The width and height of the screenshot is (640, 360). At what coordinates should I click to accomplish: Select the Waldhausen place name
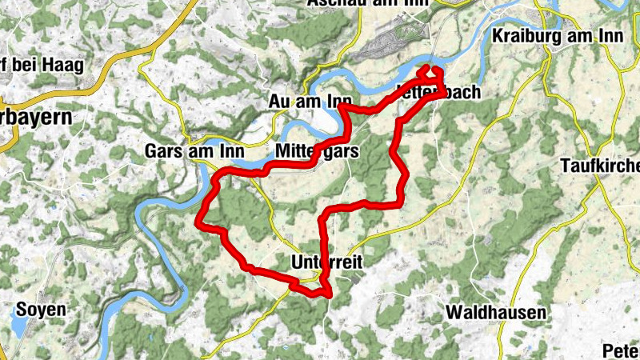coord(496,312)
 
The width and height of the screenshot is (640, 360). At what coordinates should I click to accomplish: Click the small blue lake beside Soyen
coord(18,326)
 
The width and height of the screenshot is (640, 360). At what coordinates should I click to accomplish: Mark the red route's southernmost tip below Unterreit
coord(328,297)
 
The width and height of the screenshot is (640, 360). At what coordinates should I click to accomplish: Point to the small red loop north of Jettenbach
coord(432,74)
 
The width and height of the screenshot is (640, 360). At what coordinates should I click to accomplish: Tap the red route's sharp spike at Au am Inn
coord(342,105)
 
